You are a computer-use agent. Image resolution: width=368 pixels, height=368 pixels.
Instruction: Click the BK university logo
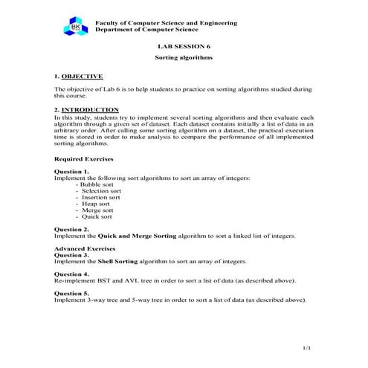point(77,28)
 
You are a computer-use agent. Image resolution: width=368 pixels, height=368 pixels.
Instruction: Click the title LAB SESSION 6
point(183,46)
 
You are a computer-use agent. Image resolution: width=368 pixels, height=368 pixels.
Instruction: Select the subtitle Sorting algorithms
point(183,57)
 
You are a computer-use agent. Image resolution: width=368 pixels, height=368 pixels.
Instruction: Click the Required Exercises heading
point(84,159)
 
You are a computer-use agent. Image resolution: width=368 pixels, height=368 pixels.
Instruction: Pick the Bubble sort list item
point(99,184)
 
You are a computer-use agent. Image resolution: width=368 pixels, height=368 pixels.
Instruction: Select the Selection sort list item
point(102,190)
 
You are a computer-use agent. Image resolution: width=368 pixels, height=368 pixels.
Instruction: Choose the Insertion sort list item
point(101,197)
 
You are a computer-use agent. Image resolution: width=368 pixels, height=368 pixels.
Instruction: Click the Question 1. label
point(72,171)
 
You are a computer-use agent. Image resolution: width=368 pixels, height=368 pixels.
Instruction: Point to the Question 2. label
point(72,229)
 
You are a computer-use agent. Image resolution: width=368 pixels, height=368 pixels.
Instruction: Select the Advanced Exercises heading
point(84,248)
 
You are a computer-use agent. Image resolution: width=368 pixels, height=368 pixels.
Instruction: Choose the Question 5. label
point(72,293)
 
